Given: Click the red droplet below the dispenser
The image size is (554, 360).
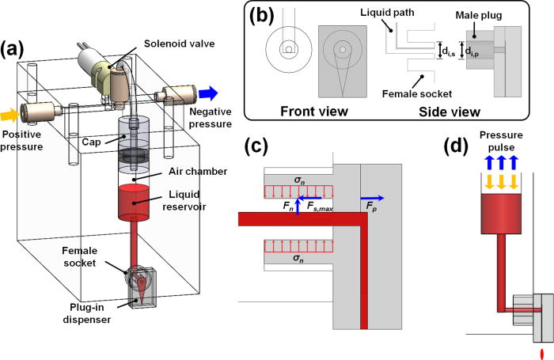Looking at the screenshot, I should click(541, 352).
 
